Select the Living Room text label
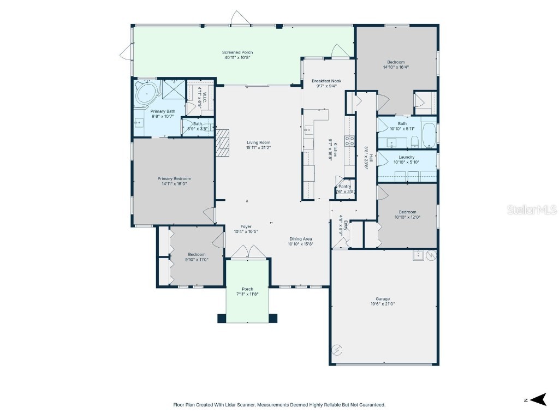click(x=258, y=142)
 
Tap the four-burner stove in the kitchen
click(x=349, y=141)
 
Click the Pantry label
click(x=345, y=186)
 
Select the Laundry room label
click(x=407, y=157)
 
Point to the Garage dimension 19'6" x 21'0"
click(x=383, y=304)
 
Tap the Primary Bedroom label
click(x=174, y=178)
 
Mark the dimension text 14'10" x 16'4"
click(x=396, y=67)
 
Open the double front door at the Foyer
click(x=247, y=251)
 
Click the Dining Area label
click(x=301, y=239)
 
